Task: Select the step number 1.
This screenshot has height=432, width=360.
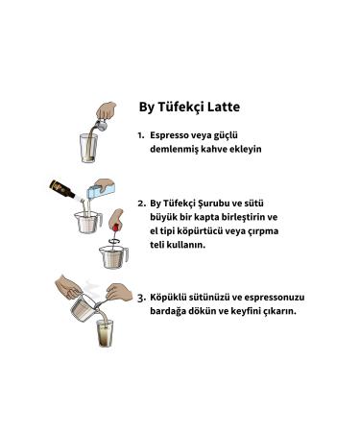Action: [140, 136]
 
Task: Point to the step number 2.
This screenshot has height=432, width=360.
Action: [140, 204]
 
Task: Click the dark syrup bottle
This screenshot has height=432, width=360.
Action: [64, 188]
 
